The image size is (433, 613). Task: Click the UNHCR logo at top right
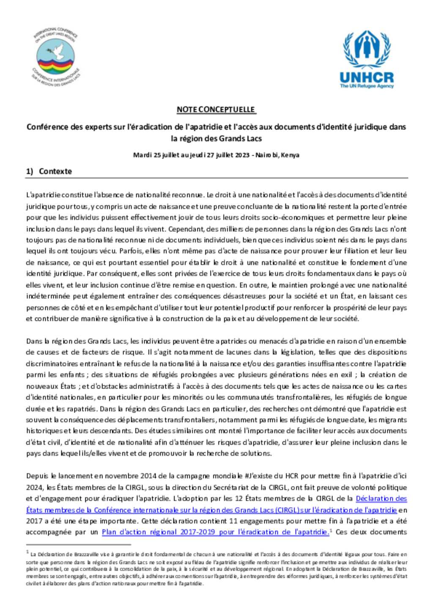tap(367, 59)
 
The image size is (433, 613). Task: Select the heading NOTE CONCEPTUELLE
tap(216, 110)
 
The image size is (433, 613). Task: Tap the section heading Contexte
tap(55, 171)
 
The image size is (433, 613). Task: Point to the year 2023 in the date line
tap(242, 155)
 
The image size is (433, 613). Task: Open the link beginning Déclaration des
tap(381, 499)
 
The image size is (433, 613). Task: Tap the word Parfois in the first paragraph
tap(130, 251)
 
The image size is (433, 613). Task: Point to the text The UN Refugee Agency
tap(367, 86)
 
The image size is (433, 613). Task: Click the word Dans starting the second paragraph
tap(34, 341)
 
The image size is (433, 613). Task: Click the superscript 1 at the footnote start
tap(27, 552)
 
